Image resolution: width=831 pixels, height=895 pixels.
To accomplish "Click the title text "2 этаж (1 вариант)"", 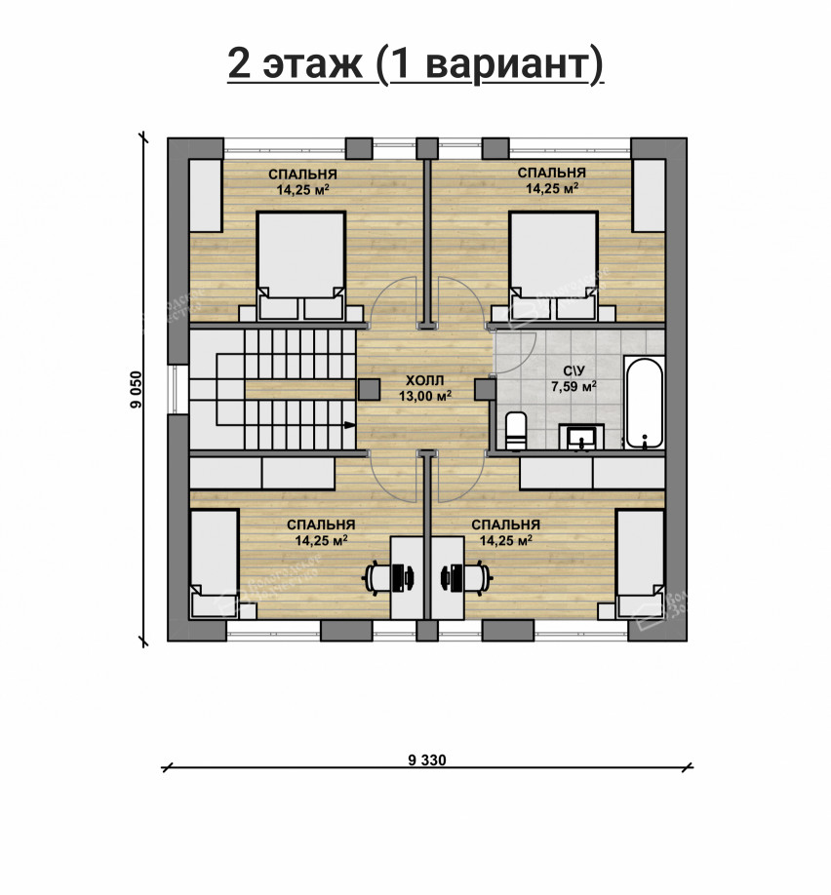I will click(415, 64).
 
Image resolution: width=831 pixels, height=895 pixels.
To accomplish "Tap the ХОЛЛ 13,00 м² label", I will click(424, 388).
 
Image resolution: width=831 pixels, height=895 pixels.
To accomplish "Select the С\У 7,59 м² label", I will click(574, 378).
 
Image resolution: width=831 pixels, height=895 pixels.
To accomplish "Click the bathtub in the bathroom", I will click(644, 403).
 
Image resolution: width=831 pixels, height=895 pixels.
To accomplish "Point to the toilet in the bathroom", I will click(516, 430).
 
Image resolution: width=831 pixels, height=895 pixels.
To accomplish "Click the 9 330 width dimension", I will click(426, 760).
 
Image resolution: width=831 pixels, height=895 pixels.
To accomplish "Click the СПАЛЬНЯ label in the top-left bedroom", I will click(303, 175).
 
